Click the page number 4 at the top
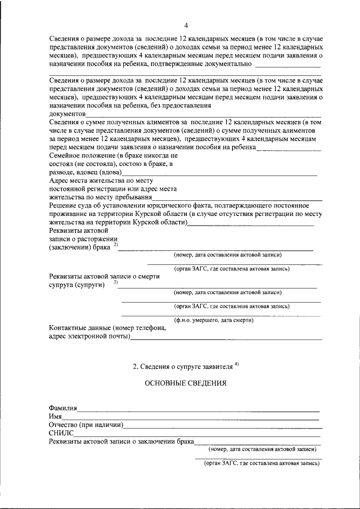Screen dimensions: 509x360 (x=186, y=25)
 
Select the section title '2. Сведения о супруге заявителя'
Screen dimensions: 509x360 (x=182, y=366)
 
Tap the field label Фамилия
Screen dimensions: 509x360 (x=63, y=408)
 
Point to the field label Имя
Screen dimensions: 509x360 (x=55, y=416)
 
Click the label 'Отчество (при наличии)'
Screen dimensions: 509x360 (x=85, y=425)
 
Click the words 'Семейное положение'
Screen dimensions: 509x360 (x=82, y=154)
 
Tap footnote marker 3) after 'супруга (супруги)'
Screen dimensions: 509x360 (x=116, y=283)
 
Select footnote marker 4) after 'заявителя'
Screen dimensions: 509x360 (x=237, y=364)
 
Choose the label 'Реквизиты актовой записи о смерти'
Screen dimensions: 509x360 (x=104, y=276)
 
